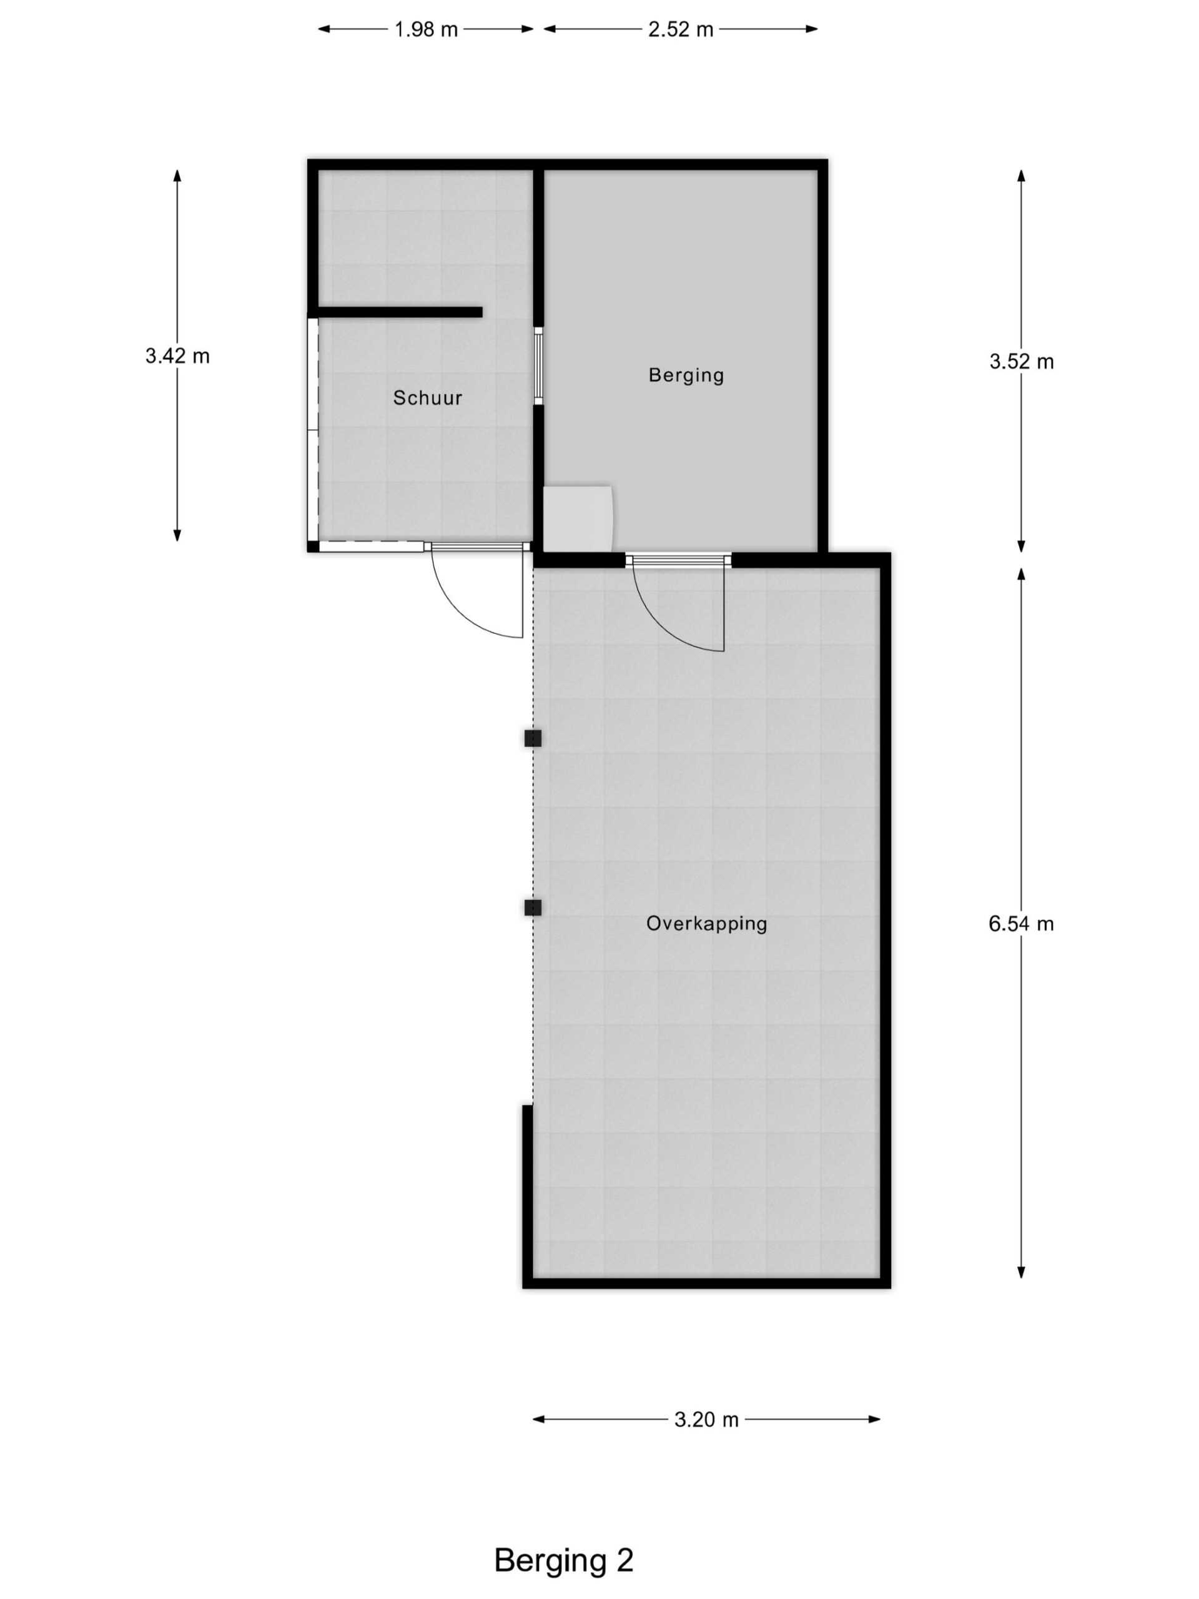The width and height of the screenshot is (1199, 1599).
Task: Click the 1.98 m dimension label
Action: pos(426,29)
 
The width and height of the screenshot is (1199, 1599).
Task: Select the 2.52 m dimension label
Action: pos(680,29)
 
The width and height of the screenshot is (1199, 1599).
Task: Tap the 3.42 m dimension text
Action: pos(177,355)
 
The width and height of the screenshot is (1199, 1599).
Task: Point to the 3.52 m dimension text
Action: pos(1021,362)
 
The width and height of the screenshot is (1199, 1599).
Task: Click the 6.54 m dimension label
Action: pos(1021,924)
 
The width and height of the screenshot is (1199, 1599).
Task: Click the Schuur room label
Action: pos(427,398)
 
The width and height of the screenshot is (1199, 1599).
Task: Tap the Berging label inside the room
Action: pos(686,375)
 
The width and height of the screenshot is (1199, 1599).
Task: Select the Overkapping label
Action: pos(706,924)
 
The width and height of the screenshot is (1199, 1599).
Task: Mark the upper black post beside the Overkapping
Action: pos(533,738)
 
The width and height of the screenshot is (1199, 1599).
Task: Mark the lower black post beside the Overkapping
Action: pos(533,907)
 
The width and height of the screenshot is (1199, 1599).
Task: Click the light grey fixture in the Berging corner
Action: pos(578,518)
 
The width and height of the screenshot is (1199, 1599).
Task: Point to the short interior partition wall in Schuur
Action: pos(400,312)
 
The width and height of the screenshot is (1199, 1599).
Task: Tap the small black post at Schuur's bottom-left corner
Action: pos(313,546)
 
